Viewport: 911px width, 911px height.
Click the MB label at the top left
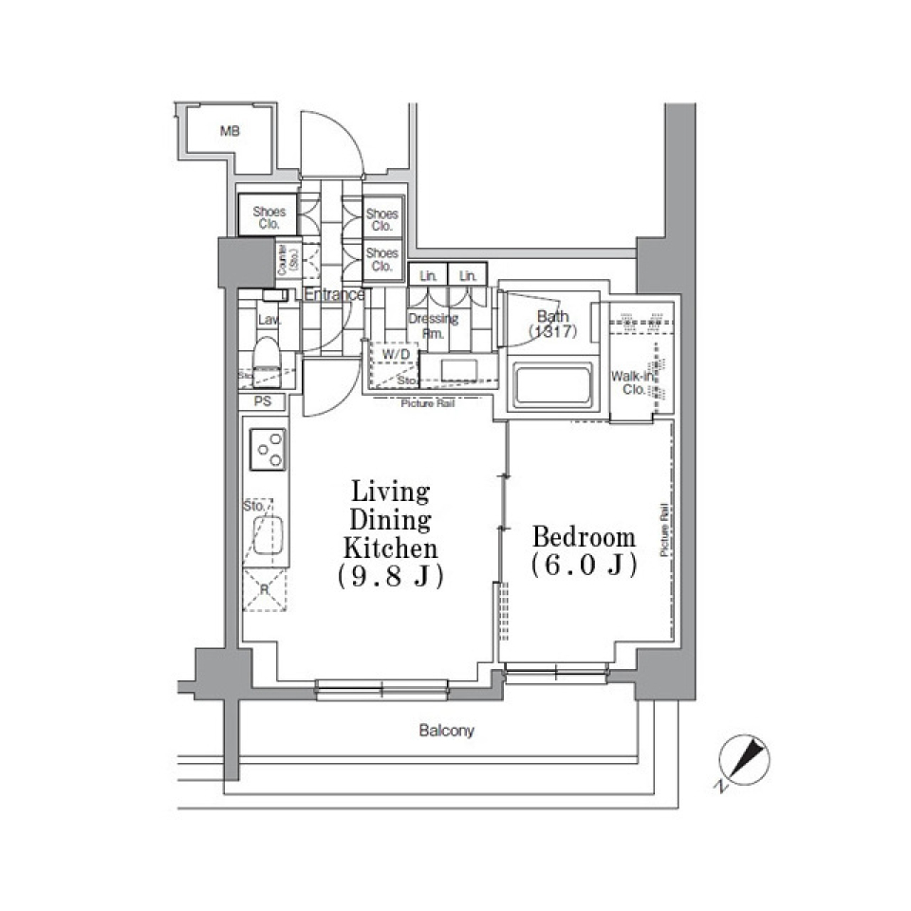pyautogui.click(x=229, y=132)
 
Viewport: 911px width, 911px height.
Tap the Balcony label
pyautogui.click(x=446, y=732)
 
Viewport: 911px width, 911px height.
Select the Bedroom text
pyautogui.click(x=584, y=537)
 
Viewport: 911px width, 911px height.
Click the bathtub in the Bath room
pyautogui.click(x=551, y=385)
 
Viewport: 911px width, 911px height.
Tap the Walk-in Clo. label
pyautogui.click(x=633, y=382)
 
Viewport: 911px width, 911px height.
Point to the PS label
pyautogui.click(x=264, y=401)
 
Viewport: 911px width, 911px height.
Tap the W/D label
pyautogui.click(x=396, y=355)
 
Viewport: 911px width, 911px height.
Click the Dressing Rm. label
pyautogui.click(x=434, y=325)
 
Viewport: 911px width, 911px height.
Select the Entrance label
pyautogui.click(x=334, y=294)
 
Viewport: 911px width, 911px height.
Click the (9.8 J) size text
pyautogui.click(x=390, y=576)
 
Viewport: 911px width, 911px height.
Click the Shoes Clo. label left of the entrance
pyautogui.click(x=268, y=219)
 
